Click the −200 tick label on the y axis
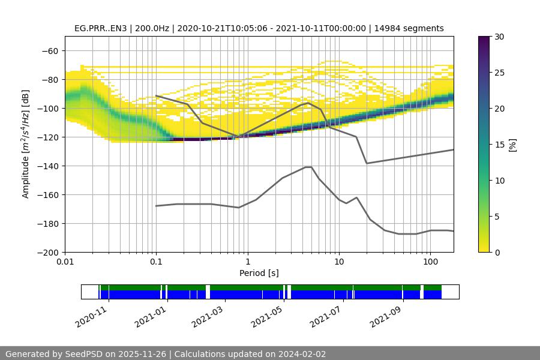click(49, 253)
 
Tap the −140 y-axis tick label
click(49, 166)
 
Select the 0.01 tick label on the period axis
click(65, 262)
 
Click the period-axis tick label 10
click(338, 262)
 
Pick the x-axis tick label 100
click(430, 262)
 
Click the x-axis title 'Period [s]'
click(259, 273)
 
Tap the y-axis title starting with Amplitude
click(26, 144)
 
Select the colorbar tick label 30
click(499, 37)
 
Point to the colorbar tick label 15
click(499, 145)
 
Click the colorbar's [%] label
click(512, 145)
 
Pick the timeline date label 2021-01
click(151, 316)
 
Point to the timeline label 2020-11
click(91, 316)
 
